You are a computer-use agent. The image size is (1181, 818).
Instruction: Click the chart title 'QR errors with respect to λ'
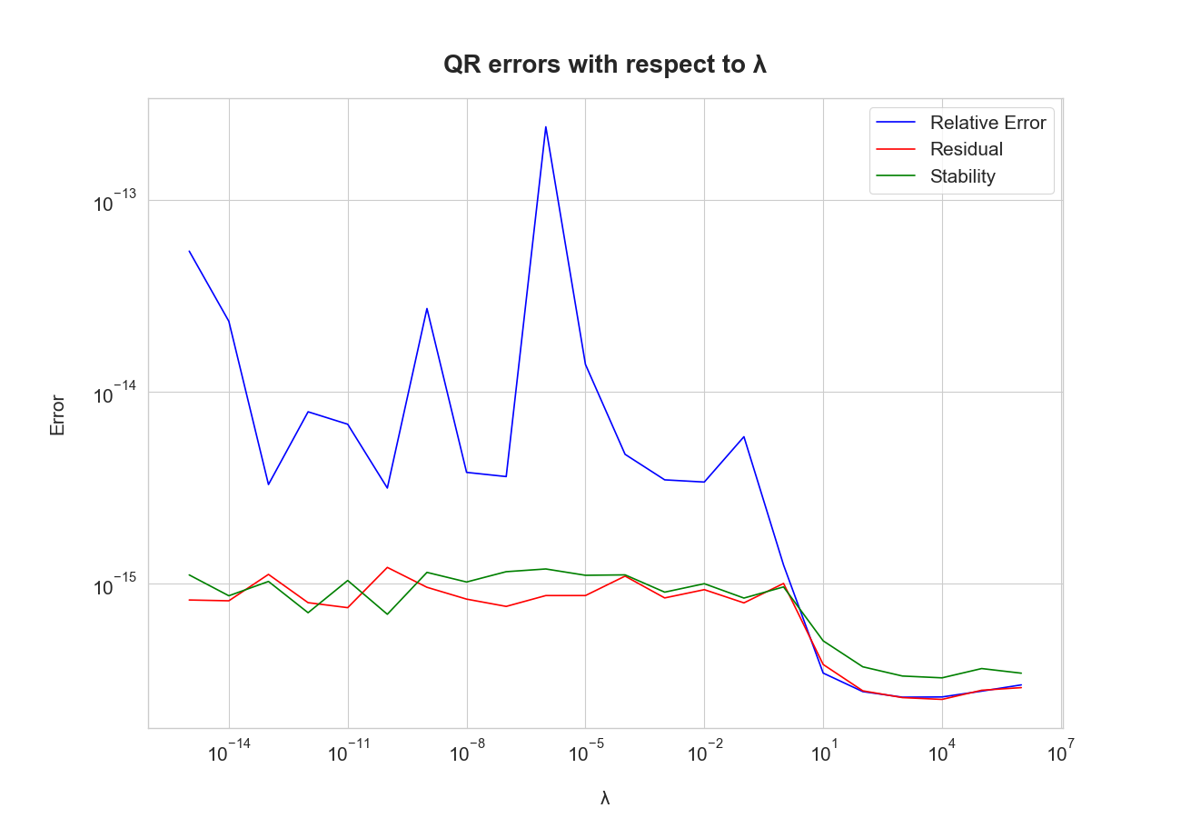point(605,65)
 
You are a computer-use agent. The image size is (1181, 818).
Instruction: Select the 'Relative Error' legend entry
point(987,123)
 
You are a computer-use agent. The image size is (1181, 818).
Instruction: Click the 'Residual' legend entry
point(966,149)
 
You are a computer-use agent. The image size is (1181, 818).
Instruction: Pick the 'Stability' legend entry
point(962,176)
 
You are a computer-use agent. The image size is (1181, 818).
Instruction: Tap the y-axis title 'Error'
point(57,414)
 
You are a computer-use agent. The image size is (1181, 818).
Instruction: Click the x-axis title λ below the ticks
point(605,798)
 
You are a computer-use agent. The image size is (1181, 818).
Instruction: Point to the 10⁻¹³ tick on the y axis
point(115,203)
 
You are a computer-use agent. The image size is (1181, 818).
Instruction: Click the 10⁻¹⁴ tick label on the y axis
point(115,394)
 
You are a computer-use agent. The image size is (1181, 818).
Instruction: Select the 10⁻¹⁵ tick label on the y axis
point(115,586)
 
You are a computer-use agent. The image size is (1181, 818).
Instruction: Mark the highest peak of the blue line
point(546,127)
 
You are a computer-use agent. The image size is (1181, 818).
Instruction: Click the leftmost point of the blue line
point(189,251)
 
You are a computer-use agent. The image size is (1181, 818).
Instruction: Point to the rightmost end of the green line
point(1021,673)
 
